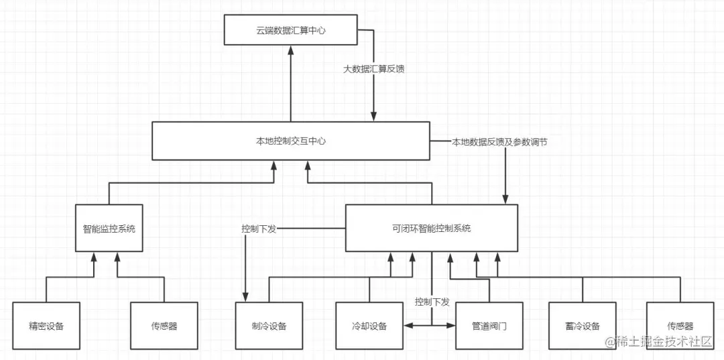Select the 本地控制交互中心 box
click(291, 141)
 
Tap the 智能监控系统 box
click(109, 229)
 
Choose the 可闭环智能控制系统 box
click(431, 228)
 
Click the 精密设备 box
click(46, 326)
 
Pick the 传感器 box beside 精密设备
click(164, 326)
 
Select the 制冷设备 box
click(269, 326)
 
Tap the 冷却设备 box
click(369, 326)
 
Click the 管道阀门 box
click(489, 326)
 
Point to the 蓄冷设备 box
click(582, 326)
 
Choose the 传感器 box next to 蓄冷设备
click(680, 326)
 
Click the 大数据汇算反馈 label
click(373, 68)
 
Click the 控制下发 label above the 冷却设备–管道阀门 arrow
click(432, 301)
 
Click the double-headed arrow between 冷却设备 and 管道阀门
click(430, 326)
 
